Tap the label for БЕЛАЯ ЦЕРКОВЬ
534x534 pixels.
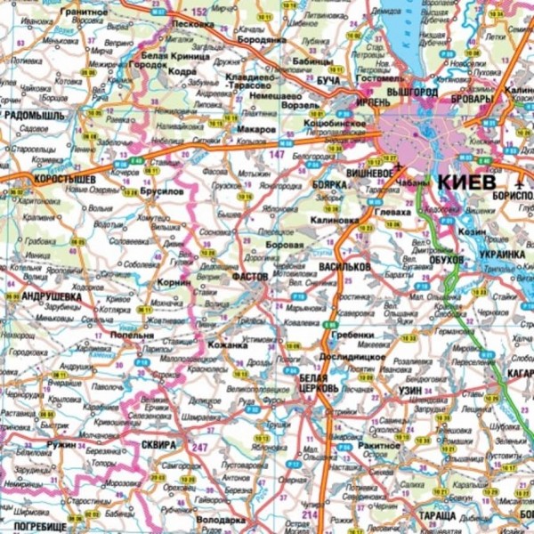pos(317,384)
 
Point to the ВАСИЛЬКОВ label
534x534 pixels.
pos(345,266)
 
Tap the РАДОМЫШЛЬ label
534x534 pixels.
pos(40,115)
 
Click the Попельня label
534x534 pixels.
pos(133,336)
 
